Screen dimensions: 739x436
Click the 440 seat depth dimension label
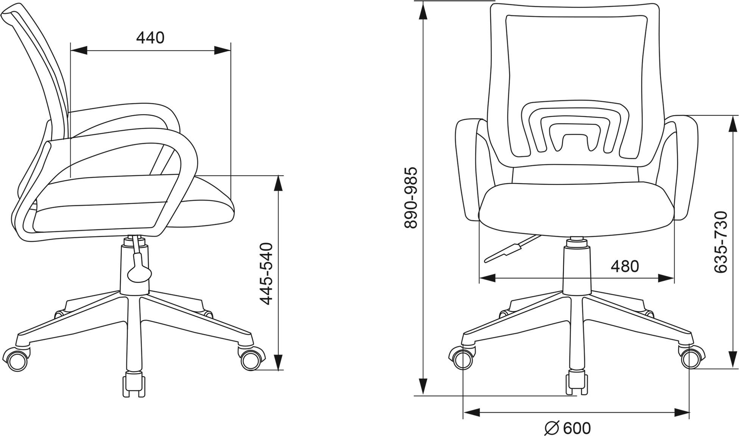(150, 38)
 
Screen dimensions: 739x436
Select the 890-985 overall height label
(411, 198)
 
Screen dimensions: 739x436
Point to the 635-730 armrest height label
(721, 241)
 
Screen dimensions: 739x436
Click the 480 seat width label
(625, 266)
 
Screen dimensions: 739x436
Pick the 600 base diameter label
(577, 428)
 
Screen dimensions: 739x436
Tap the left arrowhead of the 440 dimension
(79, 50)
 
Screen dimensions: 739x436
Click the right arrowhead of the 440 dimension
(223, 50)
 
